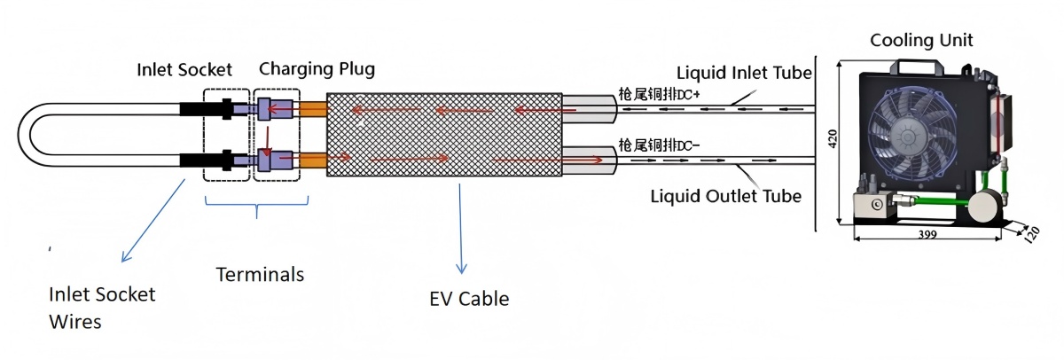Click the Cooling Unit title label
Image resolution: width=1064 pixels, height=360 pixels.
coord(921,40)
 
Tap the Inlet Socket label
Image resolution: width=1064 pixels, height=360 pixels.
coord(184,69)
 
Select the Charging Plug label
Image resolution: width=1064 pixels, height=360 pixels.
coord(317,69)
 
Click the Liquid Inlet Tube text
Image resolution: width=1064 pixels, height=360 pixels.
coord(745,72)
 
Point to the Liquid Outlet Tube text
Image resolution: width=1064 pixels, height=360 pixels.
coord(726,195)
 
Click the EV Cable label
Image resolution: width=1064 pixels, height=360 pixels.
coord(468,299)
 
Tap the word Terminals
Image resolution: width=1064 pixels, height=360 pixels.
coord(260,275)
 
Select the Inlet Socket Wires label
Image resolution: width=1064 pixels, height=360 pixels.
coord(101,307)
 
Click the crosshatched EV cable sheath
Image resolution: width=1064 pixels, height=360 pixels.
coord(443,134)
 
